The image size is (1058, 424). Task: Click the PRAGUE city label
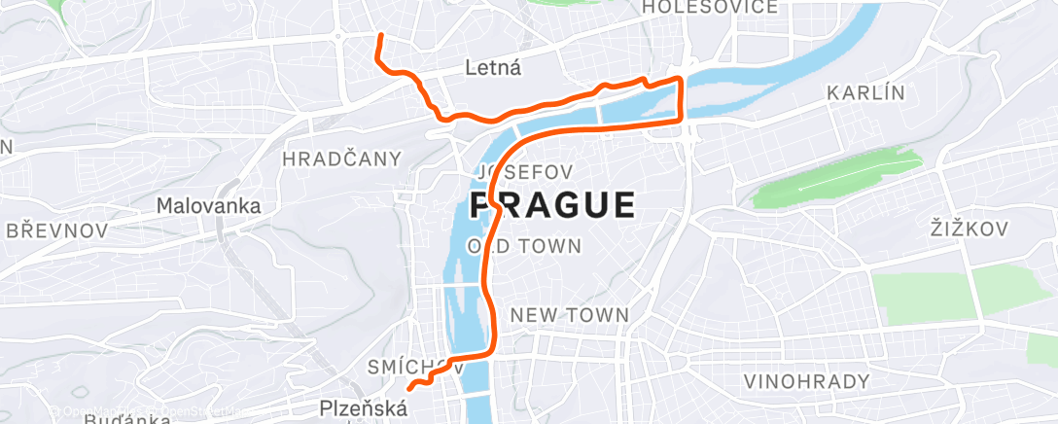click(552, 205)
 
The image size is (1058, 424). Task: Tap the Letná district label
click(493, 68)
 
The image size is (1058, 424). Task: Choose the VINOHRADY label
click(806, 381)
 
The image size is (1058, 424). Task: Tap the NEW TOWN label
click(569, 315)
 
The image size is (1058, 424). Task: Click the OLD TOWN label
click(524, 246)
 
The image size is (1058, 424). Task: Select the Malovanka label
click(209, 206)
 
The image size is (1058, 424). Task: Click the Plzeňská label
click(364, 409)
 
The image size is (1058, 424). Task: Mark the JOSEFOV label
click(523, 171)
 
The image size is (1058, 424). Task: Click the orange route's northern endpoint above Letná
click(379, 36)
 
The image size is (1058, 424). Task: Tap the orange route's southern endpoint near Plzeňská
click(410, 387)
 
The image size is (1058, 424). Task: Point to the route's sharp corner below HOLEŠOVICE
click(680, 79)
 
